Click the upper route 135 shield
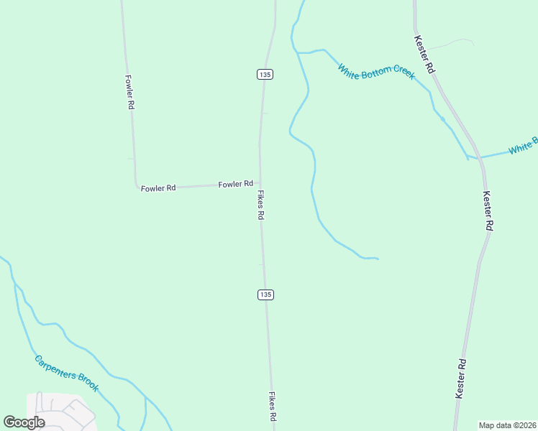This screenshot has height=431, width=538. (265, 74)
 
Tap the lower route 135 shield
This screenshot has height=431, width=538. (265, 295)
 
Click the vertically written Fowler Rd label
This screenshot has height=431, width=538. (130, 92)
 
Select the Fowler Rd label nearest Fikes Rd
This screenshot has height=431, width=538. (236, 185)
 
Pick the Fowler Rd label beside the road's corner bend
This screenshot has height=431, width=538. (158, 188)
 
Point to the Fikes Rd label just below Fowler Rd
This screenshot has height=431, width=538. (260, 205)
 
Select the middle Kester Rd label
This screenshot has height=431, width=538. (488, 210)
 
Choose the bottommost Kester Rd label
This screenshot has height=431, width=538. (461, 379)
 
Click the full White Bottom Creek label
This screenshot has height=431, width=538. (376, 72)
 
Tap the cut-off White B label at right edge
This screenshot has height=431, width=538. (523, 146)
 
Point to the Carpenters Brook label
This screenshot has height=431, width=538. (67, 373)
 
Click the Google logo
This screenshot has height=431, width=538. (24, 422)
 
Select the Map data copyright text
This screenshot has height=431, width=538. (508, 425)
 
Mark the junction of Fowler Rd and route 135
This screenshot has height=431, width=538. (260, 183)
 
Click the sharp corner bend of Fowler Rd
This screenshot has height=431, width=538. (137, 187)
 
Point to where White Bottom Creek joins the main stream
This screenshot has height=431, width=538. (298, 52)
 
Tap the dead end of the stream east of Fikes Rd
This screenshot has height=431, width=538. (378, 259)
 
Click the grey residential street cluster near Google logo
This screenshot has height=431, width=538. (61, 411)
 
